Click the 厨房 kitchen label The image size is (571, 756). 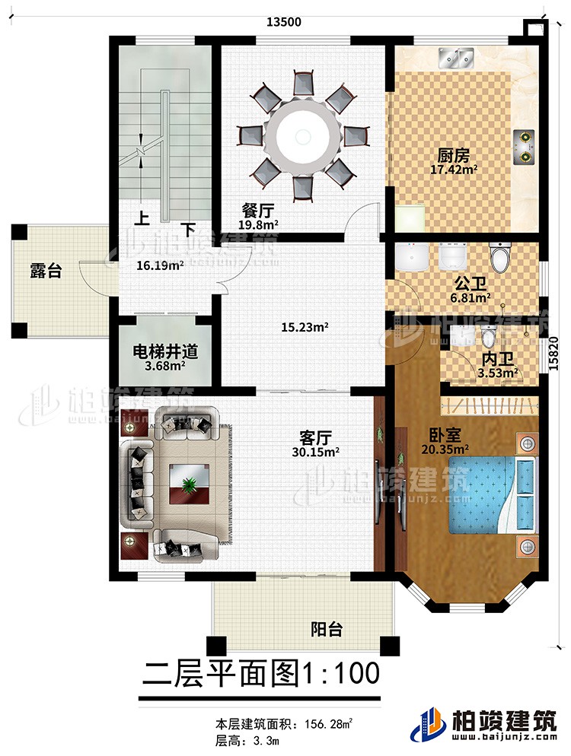452,155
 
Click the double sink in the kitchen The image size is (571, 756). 455,56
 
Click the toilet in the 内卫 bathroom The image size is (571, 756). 488,336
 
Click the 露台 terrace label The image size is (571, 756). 46,270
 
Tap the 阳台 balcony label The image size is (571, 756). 327,628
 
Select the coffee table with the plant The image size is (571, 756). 188,483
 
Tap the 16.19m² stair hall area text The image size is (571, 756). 160,266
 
